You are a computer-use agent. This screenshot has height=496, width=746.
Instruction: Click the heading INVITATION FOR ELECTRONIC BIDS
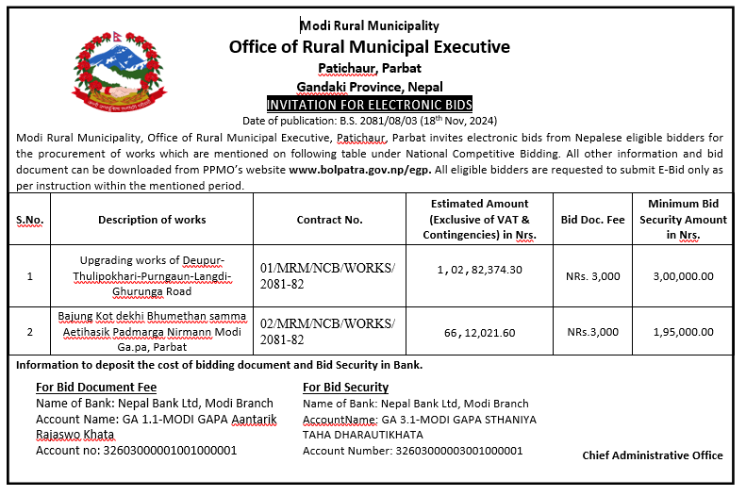(370, 104)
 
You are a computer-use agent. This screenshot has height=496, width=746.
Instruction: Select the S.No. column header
(30, 220)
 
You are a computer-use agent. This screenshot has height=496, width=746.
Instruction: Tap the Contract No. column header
(329, 220)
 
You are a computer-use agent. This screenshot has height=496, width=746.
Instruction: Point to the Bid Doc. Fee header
(592, 220)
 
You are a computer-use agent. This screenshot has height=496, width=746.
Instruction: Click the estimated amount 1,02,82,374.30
(479, 270)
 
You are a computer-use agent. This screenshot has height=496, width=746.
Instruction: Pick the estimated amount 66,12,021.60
(479, 332)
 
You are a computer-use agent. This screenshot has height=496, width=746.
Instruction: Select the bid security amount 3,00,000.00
(683, 276)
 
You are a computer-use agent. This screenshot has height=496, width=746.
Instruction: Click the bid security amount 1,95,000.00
(683, 332)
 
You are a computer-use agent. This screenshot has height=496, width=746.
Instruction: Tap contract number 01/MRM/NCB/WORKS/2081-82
(328, 276)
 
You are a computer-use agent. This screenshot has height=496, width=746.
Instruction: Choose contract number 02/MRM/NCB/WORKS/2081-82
(328, 332)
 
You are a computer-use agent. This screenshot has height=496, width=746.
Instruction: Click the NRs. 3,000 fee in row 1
(592, 276)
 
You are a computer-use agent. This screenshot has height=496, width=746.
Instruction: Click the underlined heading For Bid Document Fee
(95, 388)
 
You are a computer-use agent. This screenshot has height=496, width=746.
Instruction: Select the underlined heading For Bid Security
(345, 388)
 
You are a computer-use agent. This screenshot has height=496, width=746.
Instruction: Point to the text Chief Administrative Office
(653, 455)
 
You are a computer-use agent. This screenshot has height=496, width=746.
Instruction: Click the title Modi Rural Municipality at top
(370, 26)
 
